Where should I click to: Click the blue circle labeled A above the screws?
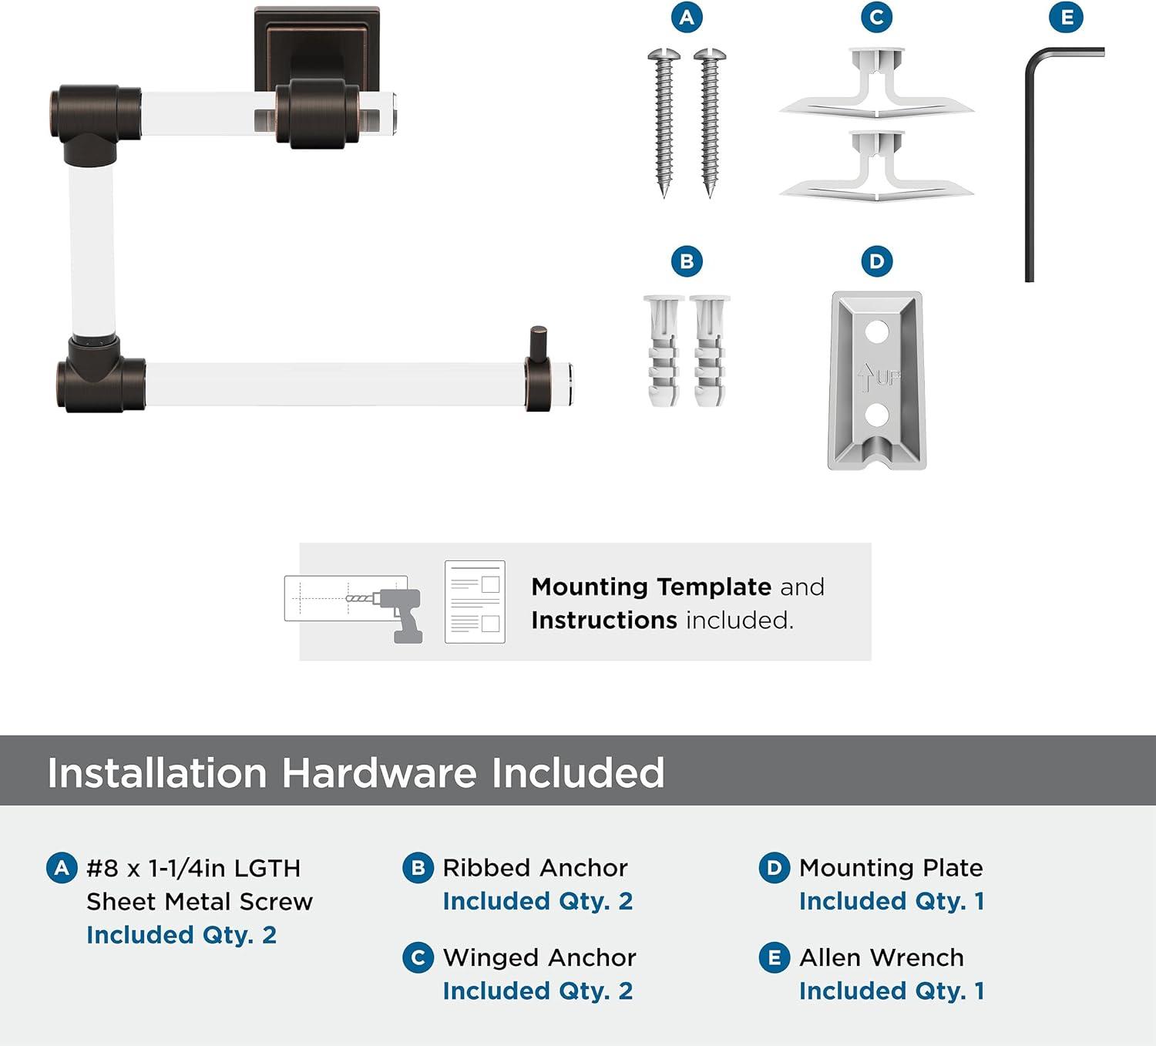(x=687, y=17)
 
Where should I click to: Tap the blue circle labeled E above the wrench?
(x=1066, y=17)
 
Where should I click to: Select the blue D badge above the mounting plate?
(x=876, y=261)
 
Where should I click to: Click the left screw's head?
(x=664, y=55)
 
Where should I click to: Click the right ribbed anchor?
(x=709, y=351)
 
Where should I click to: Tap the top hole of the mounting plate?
(x=876, y=331)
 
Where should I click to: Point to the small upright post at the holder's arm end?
(x=538, y=346)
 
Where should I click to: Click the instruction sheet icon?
(x=475, y=601)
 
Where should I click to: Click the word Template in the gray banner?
(x=714, y=587)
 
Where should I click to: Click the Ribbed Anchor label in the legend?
(x=535, y=868)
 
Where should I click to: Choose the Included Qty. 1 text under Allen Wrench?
(x=892, y=991)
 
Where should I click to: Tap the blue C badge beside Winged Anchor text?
(x=418, y=958)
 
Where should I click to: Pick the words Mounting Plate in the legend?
(x=891, y=868)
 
